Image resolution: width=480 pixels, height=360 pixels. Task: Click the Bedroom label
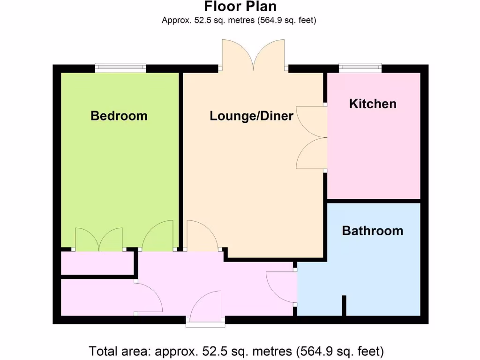point(119,116)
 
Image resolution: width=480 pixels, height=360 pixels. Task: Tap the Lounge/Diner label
point(251,116)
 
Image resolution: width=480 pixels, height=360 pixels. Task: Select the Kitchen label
point(373,104)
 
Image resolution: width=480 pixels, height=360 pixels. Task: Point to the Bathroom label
point(372,231)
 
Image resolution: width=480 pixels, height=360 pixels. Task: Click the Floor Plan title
point(240,7)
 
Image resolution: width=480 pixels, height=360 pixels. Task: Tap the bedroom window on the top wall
point(120,68)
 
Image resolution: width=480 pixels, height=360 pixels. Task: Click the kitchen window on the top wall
point(360,68)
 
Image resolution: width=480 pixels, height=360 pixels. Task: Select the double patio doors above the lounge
point(253,55)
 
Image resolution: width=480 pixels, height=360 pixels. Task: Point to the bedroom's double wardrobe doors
point(99,239)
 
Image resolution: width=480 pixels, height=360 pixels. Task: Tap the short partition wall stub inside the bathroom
point(344,306)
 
